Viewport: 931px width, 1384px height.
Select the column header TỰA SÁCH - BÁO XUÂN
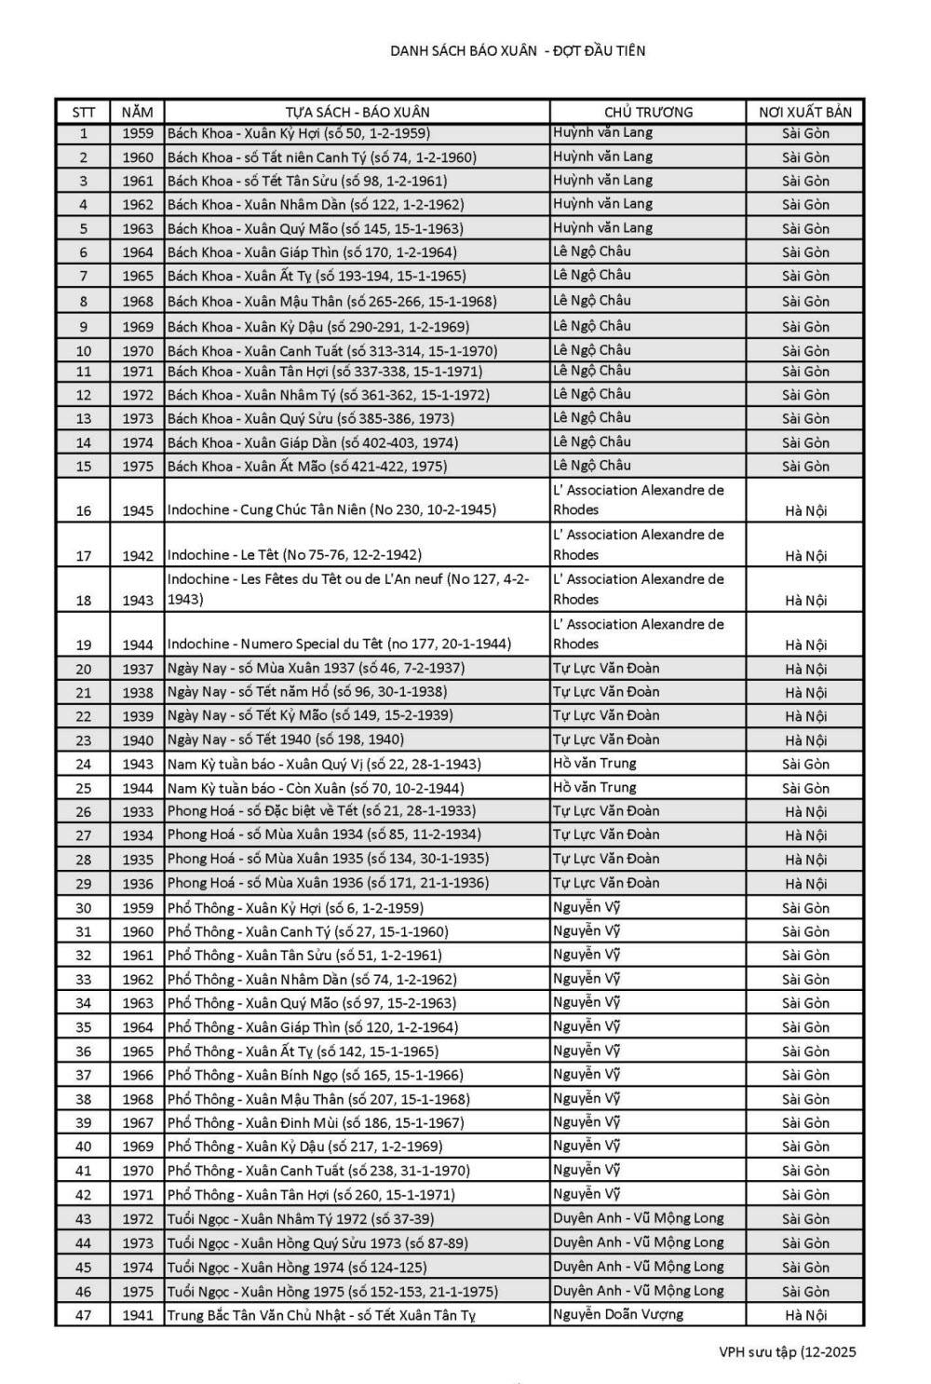tap(358, 112)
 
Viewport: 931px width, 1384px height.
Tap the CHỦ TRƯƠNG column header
tap(648, 112)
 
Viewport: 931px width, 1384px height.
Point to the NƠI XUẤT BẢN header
tap(805, 112)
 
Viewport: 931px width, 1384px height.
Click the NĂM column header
tap(137, 112)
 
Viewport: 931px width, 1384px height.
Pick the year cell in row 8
tap(137, 302)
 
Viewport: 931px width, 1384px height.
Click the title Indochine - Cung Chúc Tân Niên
tap(331, 510)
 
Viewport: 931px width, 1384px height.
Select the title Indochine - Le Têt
tap(294, 555)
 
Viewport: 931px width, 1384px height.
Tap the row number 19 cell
tap(84, 645)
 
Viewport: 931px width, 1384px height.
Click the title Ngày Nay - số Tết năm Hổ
tap(307, 692)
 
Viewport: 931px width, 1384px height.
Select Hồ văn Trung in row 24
tap(595, 764)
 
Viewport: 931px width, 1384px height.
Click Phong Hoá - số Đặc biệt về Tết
tap(321, 811)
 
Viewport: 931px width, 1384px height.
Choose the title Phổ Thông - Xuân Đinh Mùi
tap(316, 1123)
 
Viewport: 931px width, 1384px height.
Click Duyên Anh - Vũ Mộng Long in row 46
tap(638, 1291)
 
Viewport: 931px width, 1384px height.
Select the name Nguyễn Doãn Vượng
tap(617, 1315)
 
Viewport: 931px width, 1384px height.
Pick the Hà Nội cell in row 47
tap(805, 1316)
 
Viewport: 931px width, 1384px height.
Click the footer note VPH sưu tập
tap(787, 1352)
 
